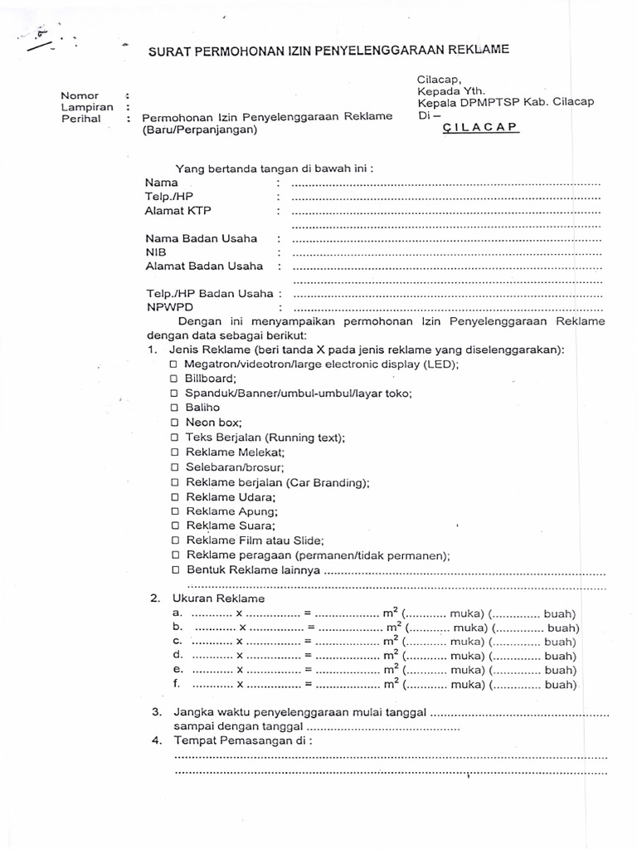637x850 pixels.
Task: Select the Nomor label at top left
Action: (x=79, y=95)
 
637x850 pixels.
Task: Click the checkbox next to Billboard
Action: (x=174, y=379)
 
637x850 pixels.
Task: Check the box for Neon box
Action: (x=174, y=423)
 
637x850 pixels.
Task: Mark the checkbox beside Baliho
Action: (x=174, y=408)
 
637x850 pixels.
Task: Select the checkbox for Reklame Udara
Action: (x=174, y=497)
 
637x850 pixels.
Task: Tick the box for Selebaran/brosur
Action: (x=174, y=467)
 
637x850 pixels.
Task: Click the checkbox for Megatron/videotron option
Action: (x=174, y=364)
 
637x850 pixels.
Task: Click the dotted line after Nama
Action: (x=446, y=183)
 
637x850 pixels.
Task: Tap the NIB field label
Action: (x=156, y=252)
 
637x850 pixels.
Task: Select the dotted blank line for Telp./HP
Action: (x=446, y=198)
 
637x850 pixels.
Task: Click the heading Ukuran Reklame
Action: (x=218, y=598)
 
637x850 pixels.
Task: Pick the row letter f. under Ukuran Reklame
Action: (x=176, y=684)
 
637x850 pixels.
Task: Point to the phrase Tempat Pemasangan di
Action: (x=241, y=741)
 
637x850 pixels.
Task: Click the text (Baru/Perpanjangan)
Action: (x=199, y=130)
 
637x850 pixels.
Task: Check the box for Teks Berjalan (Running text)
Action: (x=174, y=437)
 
